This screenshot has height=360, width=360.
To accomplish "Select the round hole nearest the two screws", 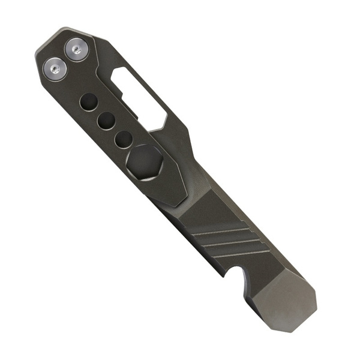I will click(x=88, y=101).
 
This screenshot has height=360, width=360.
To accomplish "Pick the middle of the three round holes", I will click(x=106, y=121).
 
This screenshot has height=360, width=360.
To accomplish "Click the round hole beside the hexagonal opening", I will click(x=124, y=139).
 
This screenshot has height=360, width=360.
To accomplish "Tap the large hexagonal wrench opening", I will click(x=143, y=161).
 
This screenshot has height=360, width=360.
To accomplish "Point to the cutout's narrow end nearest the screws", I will click(x=118, y=74).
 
